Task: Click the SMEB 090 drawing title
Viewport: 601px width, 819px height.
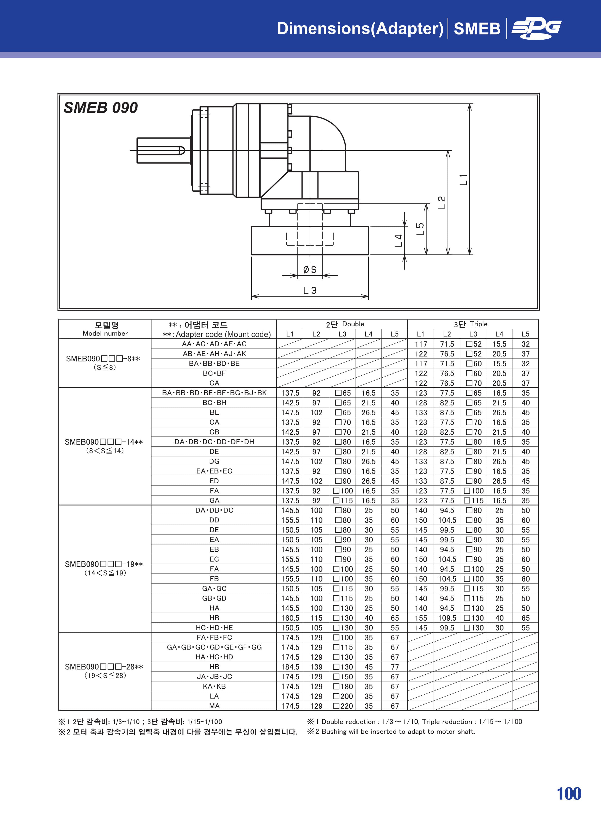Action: coord(101,108)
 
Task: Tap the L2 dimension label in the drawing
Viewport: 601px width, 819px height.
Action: coord(442,202)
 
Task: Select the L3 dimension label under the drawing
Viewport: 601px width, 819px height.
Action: coord(310,290)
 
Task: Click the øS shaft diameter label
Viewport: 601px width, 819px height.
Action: coord(310,270)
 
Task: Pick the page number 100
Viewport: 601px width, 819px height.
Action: coord(569,794)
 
